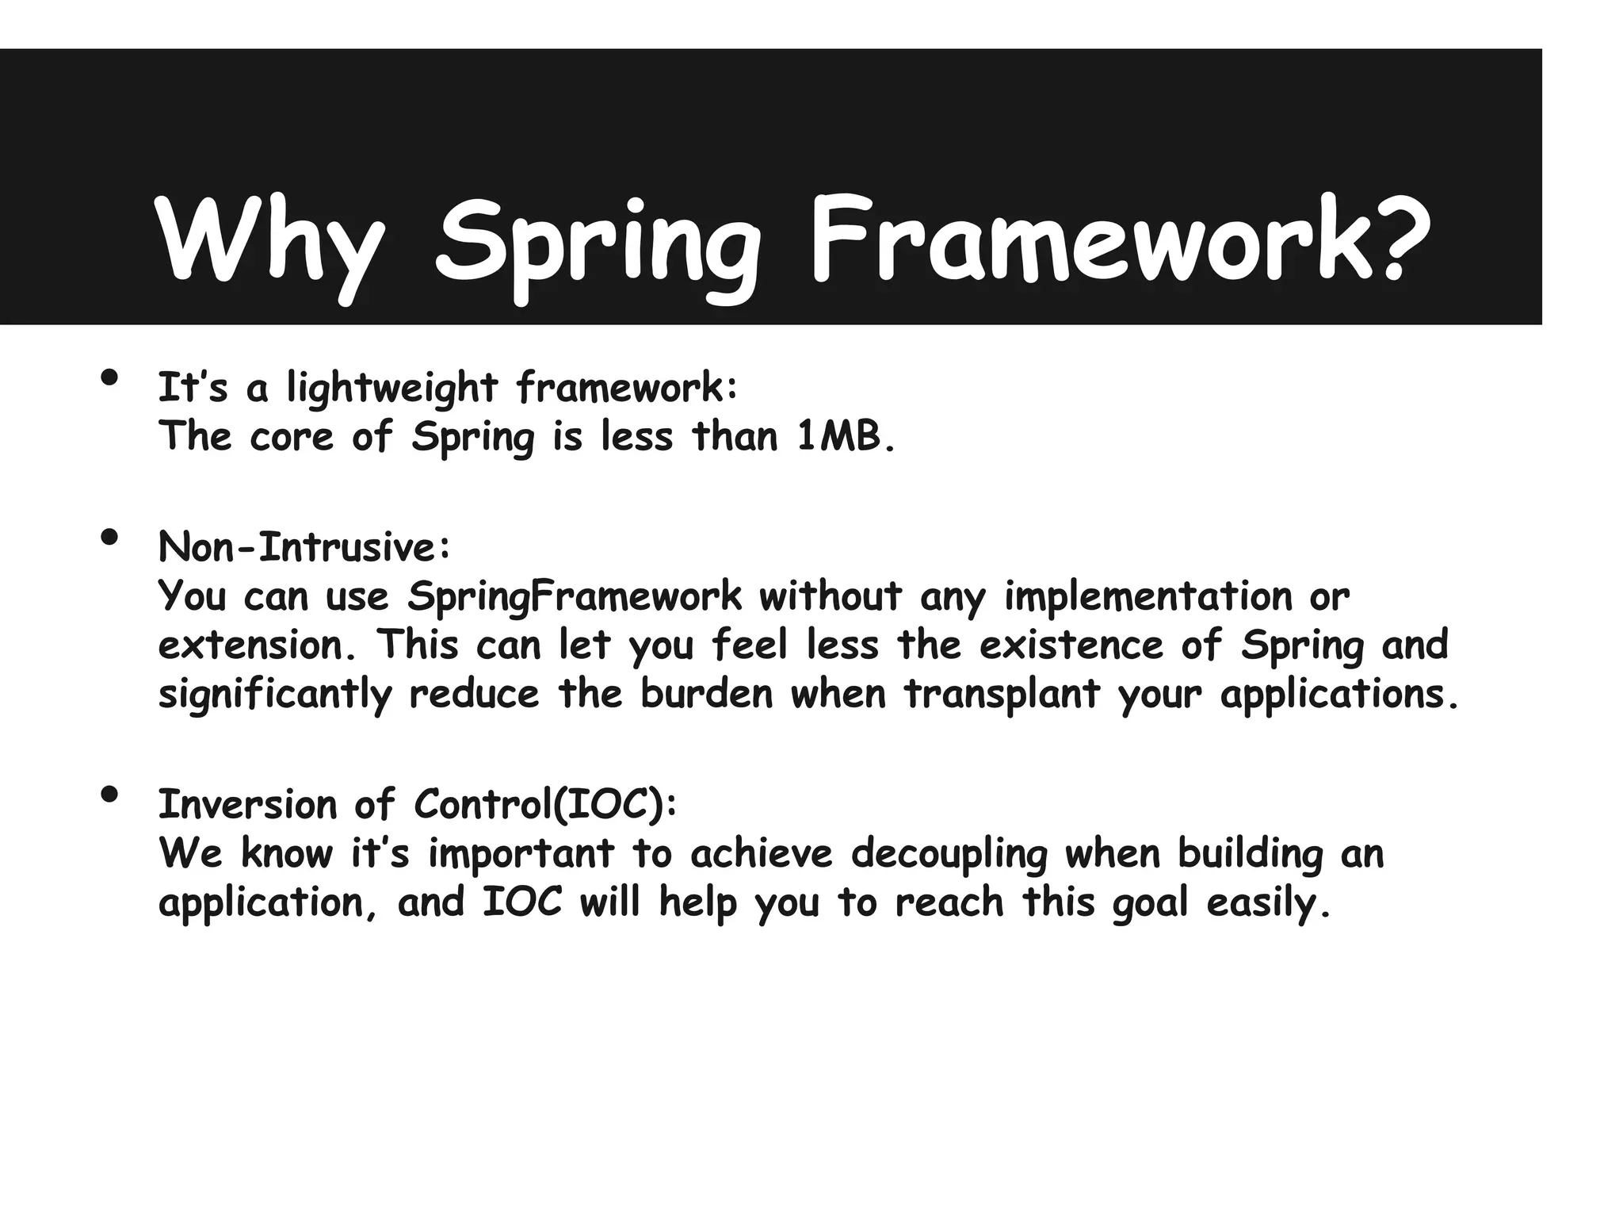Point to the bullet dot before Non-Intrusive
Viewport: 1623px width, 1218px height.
[x=110, y=538]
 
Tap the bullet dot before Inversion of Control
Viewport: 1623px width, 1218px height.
[x=110, y=794]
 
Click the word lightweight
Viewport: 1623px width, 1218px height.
[x=391, y=389]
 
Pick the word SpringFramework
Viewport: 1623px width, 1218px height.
[x=575, y=596]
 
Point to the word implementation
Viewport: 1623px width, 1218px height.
[x=1148, y=596]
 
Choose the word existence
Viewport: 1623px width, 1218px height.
[x=1071, y=645]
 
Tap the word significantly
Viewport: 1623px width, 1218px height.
[x=275, y=695]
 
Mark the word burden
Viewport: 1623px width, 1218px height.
[x=706, y=695]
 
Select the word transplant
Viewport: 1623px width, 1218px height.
[x=1002, y=695]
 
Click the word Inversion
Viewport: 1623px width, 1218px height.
[x=247, y=805]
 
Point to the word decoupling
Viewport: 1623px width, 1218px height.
[x=949, y=854]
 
